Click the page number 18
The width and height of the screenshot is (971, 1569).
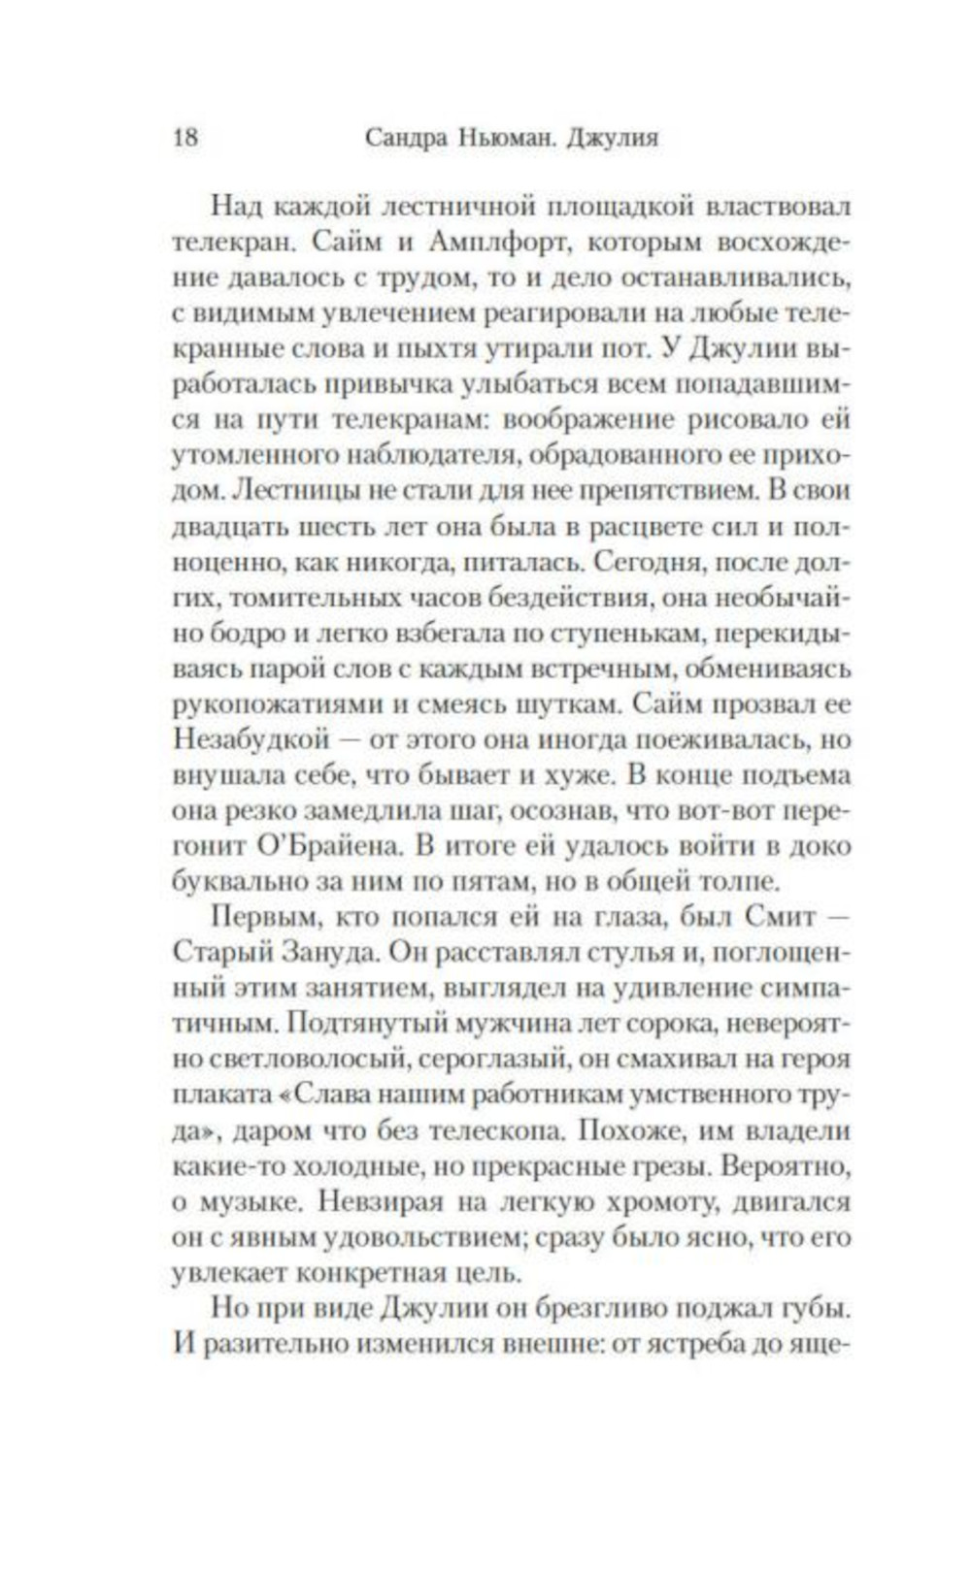[185, 137]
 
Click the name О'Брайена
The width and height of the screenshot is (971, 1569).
[329, 846]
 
